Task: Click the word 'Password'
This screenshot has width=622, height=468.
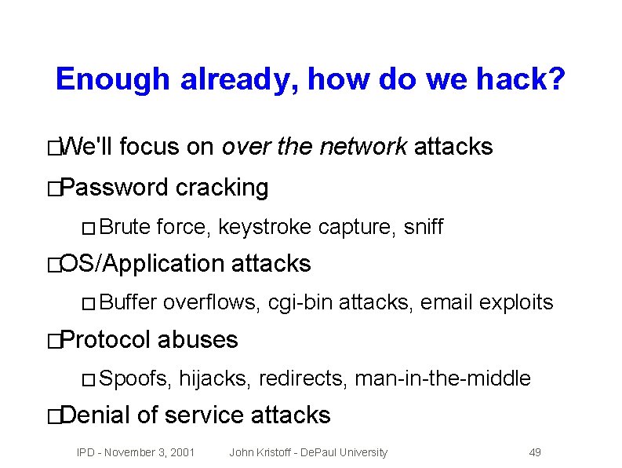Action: click(115, 188)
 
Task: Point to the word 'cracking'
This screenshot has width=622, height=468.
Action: click(222, 188)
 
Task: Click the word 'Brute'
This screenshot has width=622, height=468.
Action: click(125, 228)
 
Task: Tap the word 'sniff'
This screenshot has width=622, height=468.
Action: click(424, 228)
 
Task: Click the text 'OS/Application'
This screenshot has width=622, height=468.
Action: click(142, 264)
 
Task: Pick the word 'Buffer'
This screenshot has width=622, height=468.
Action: click(129, 302)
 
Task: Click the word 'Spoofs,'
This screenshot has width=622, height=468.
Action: click(136, 379)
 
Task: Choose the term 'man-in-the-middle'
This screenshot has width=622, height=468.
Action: click(443, 379)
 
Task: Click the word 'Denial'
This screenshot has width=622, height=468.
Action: click(95, 415)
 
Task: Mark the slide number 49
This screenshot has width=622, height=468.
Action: click(535, 452)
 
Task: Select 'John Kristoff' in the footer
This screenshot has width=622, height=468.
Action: click(259, 452)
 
